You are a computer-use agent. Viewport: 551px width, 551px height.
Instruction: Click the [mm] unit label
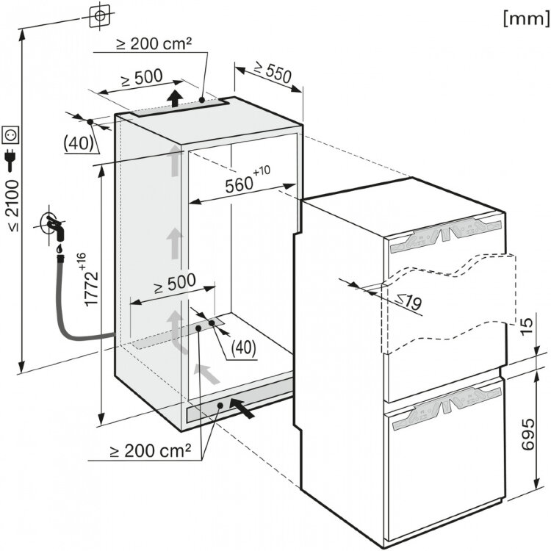pyautogui.click(x=526, y=18)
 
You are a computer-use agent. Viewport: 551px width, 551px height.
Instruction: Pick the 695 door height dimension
pyautogui.click(x=527, y=434)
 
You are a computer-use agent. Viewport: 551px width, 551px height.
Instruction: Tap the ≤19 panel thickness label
pyautogui.click(x=408, y=301)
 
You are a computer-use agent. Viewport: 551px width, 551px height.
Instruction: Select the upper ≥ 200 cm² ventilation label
pyautogui.click(x=154, y=43)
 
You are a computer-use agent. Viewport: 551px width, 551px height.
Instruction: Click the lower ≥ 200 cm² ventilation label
pyautogui.click(x=151, y=450)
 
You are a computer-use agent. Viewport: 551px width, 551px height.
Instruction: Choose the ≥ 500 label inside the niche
pyautogui.click(x=175, y=283)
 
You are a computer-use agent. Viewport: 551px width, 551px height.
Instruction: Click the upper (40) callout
pyautogui.click(x=79, y=143)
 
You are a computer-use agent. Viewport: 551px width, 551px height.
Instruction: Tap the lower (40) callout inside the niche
pyautogui.click(x=243, y=348)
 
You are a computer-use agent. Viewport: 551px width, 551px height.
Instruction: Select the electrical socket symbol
pyautogui.click(x=10, y=135)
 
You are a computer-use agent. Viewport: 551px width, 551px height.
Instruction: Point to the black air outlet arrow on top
pyautogui.click(x=175, y=98)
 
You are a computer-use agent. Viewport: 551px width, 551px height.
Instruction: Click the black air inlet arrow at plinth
pyautogui.click(x=242, y=408)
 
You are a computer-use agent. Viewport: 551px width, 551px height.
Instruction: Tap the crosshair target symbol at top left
pyautogui.click(x=99, y=15)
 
